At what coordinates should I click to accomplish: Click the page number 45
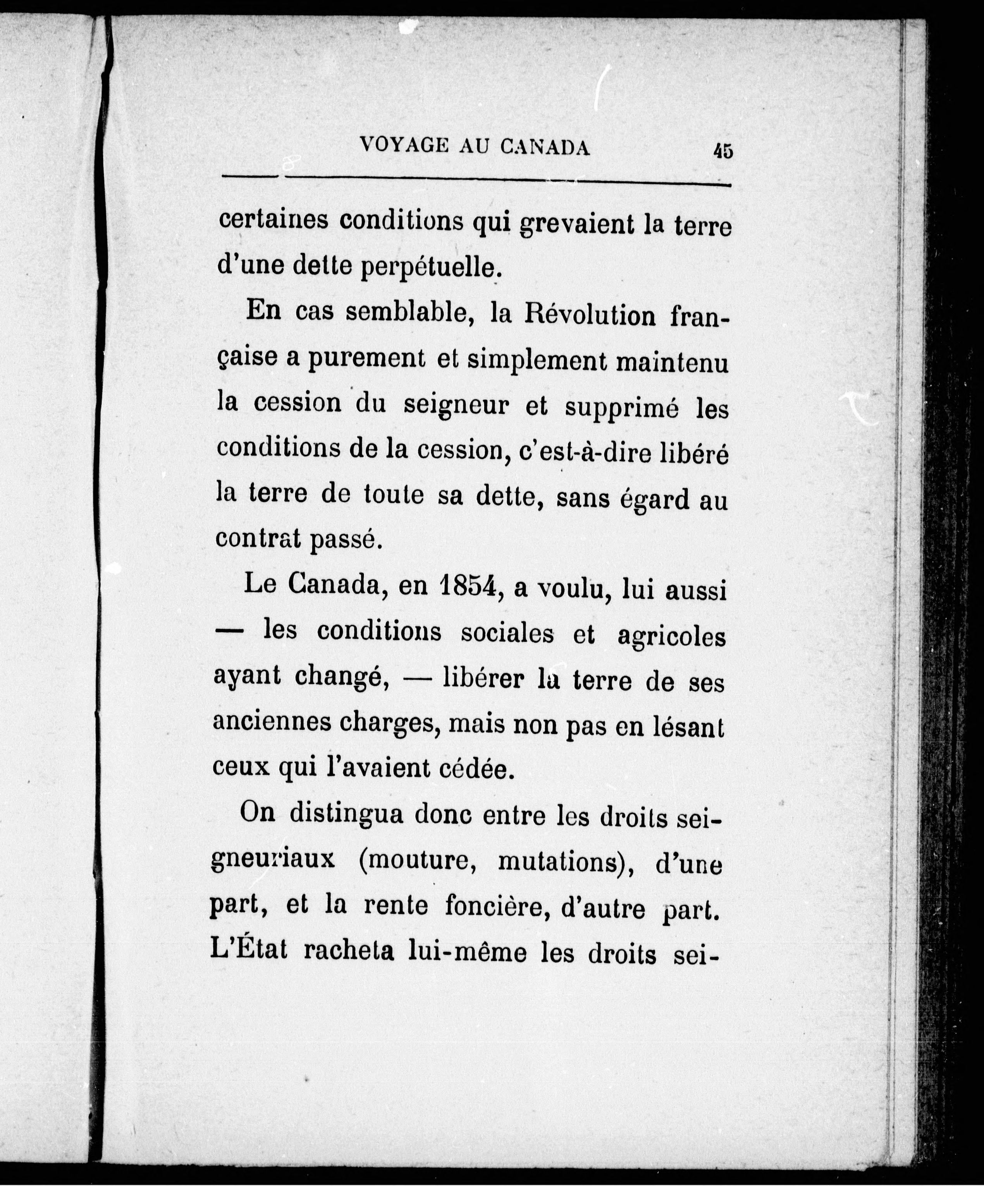click(723, 151)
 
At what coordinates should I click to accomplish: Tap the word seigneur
click(457, 406)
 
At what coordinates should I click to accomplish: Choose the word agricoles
click(671, 636)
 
